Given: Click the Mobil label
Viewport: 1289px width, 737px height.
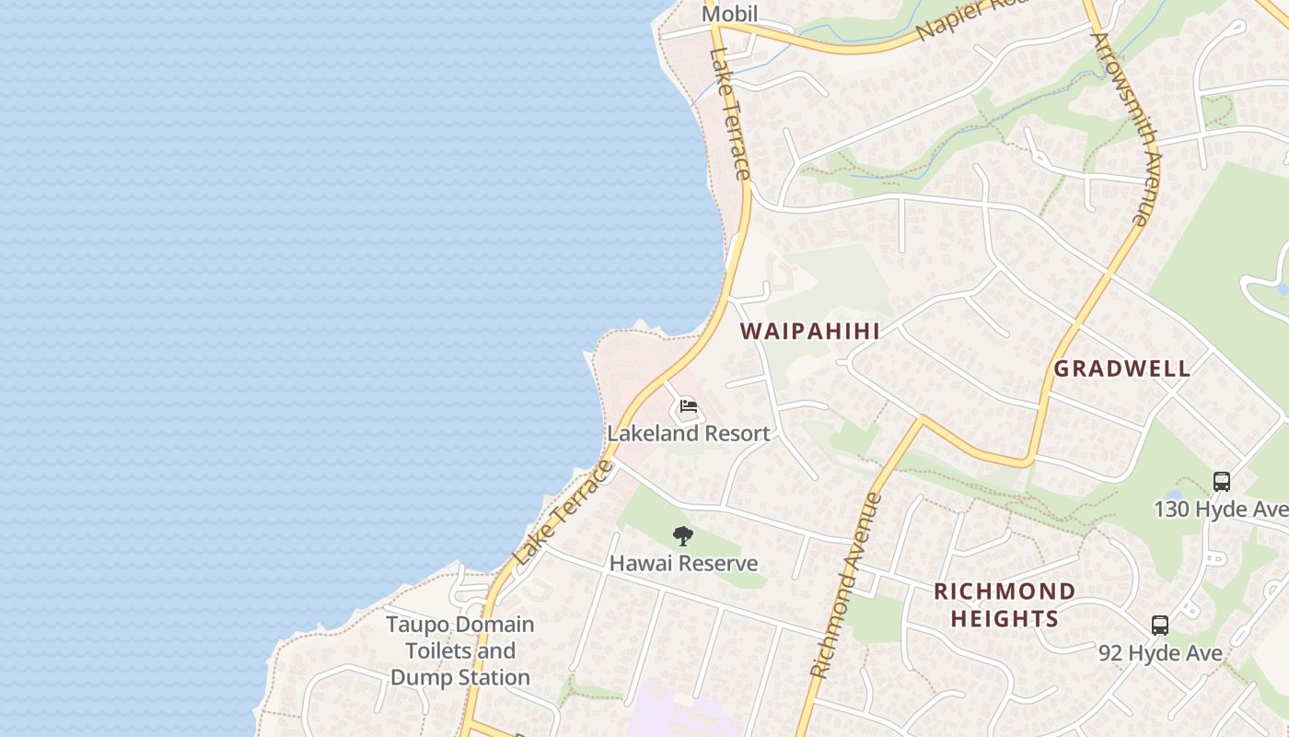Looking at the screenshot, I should [x=729, y=14].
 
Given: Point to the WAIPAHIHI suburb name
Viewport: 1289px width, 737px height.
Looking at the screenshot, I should [x=810, y=332].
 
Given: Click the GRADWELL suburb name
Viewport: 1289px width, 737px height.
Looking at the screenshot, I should [x=1121, y=368].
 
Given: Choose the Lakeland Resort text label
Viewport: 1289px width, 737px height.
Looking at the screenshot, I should [x=688, y=433].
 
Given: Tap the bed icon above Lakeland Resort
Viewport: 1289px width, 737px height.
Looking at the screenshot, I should [x=688, y=406].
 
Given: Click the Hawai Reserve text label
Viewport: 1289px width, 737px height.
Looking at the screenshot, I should [x=683, y=563].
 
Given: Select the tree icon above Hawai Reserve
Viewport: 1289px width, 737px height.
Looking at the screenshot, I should [x=682, y=536].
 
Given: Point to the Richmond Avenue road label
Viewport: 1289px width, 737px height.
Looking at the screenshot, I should [x=845, y=586].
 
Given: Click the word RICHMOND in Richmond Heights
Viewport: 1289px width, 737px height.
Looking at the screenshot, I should [x=1004, y=591].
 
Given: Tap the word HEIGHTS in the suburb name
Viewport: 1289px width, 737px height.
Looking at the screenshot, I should [x=1004, y=618].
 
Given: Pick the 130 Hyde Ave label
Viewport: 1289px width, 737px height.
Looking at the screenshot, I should [x=1221, y=509].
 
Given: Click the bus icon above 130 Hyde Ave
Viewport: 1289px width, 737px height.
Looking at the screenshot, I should [x=1221, y=481].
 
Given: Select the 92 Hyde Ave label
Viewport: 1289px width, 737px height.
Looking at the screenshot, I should [x=1160, y=653].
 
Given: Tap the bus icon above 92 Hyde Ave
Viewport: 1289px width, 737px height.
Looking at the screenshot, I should [x=1160, y=626].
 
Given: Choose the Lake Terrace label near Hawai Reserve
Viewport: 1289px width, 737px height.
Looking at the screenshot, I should [x=563, y=513].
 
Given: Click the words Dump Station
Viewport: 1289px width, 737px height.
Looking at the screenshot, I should [x=460, y=677].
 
